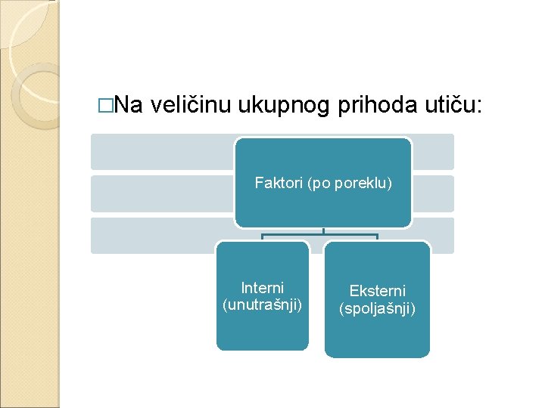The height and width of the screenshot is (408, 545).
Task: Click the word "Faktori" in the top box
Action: click(x=279, y=183)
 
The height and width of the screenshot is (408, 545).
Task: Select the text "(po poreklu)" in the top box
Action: click(x=350, y=183)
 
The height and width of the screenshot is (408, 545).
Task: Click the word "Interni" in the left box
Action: click(x=262, y=288)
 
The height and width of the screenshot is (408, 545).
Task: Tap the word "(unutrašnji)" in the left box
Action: click(x=262, y=304)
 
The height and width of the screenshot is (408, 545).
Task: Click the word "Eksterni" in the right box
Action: click(x=377, y=291)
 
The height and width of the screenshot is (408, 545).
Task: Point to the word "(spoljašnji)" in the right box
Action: click(x=377, y=308)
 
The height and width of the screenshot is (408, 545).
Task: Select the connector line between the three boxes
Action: click(x=323, y=235)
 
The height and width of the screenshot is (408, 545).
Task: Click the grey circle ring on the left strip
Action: click(x=34, y=94)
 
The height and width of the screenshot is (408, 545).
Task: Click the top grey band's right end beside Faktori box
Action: click(x=433, y=152)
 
